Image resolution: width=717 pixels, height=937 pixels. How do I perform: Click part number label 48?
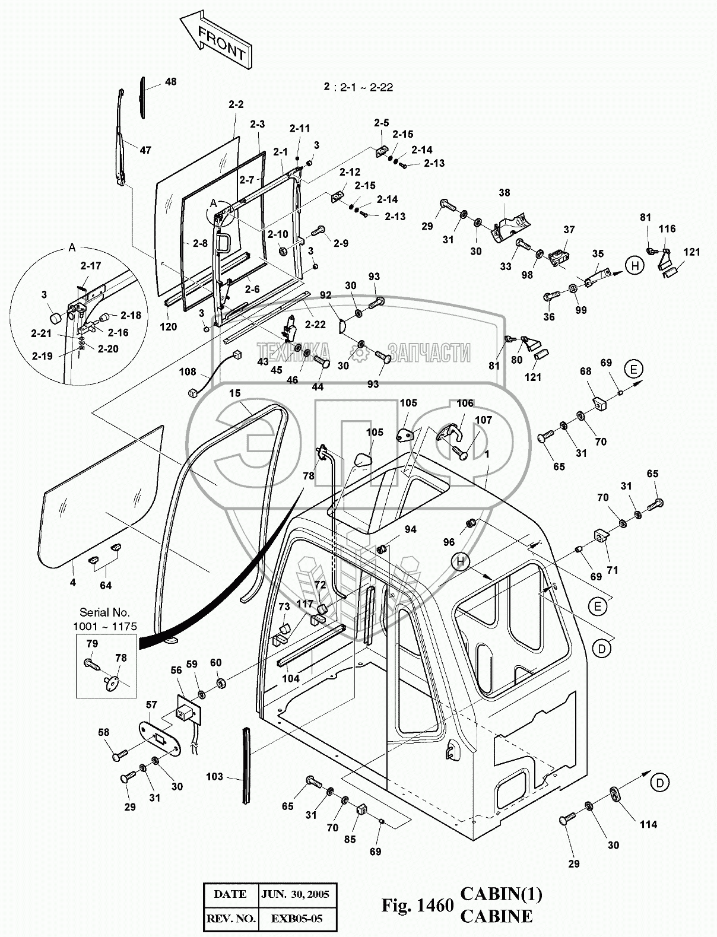pyautogui.click(x=170, y=82)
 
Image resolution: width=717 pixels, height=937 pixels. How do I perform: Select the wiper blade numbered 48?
pyautogui.click(x=142, y=98)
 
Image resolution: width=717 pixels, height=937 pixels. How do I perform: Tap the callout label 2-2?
pyautogui.click(x=236, y=104)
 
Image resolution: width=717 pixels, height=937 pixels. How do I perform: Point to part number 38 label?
pyautogui.click(x=504, y=193)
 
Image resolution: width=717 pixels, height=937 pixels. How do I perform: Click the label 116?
pyautogui.click(x=667, y=228)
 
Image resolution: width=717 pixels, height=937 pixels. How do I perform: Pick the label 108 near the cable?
pyautogui.click(x=188, y=372)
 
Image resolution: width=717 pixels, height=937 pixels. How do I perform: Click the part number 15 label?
pyautogui.click(x=235, y=393)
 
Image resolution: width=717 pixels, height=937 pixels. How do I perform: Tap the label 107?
pyautogui.click(x=484, y=420)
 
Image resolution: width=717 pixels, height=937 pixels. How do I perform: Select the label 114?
pyautogui.click(x=648, y=824)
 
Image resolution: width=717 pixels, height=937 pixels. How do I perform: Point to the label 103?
pyautogui.click(x=214, y=776)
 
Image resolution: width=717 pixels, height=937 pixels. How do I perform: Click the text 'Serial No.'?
pyautogui.click(x=104, y=612)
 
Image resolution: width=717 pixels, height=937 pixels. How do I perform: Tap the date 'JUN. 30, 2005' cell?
pyautogui.click(x=297, y=894)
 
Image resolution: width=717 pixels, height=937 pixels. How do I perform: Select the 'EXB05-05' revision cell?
pyautogui.click(x=297, y=919)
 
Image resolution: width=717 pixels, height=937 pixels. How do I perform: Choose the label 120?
pyautogui.click(x=169, y=326)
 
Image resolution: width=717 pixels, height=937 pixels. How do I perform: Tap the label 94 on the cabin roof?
pyautogui.click(x=410, y=530)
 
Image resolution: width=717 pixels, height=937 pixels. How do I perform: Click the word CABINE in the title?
pyautogui.click(x=496, y=916)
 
